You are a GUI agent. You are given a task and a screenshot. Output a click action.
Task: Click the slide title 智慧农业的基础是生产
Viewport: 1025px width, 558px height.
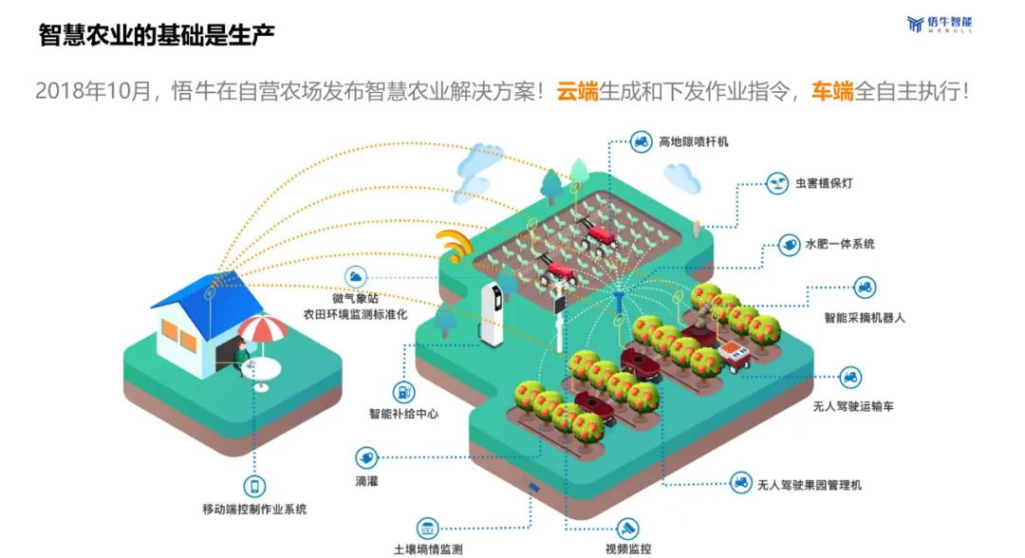157,35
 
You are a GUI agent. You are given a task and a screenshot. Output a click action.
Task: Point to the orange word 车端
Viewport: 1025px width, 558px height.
832,91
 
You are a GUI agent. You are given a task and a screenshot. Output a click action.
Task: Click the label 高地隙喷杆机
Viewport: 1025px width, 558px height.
694,142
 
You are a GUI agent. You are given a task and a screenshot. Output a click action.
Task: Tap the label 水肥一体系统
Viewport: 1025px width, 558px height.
840,244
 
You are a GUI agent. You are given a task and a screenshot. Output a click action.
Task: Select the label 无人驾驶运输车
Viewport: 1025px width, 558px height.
853,405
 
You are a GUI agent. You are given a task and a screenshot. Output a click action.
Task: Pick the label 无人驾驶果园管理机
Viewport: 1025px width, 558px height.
809,484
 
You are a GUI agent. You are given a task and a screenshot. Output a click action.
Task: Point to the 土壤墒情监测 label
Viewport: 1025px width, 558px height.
428,549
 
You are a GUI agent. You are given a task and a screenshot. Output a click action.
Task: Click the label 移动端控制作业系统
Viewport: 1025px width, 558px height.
254,509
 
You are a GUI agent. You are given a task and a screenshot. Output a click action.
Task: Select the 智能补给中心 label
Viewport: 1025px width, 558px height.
403,414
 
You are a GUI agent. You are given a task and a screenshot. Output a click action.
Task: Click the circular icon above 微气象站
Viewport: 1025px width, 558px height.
356,276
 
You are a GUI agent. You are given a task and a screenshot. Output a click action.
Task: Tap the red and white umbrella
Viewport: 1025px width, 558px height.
261,328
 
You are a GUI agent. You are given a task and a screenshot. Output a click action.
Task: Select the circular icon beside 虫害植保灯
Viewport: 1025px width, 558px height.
778,182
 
